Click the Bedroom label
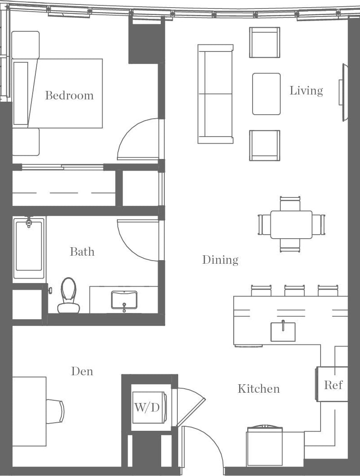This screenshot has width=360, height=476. (69, 95)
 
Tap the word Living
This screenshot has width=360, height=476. (306, 90)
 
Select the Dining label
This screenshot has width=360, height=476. (220, 260)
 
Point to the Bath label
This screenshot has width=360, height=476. (82, 252)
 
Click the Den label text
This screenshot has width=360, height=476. (82, 371)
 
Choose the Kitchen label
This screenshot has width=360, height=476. (259, 389)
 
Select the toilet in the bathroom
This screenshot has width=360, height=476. (68, 296)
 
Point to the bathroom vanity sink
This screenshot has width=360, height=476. (124, 299)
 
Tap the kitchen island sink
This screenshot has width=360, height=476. (283, 332)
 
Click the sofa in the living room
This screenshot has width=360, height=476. (215, 94)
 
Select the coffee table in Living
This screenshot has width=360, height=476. (266, 94)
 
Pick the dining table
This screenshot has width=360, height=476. (291, 224)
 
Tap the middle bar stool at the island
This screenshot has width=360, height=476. (295, 291)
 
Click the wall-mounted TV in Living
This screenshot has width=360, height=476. (343, 92)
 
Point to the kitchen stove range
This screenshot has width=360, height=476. (265, 446)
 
